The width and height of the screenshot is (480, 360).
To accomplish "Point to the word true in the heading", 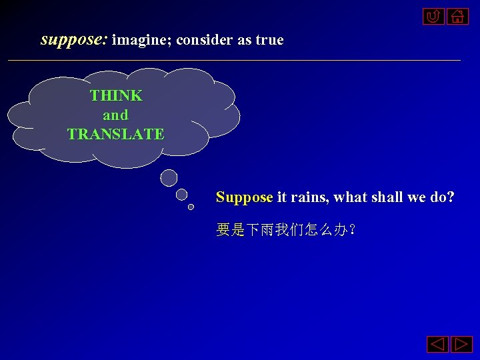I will pyautogui.click(x=269, y=40).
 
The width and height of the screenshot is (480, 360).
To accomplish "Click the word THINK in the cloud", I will pyautogui.click(x=116, y=95).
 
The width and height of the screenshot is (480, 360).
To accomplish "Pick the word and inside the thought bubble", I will pyautogui.click(x=115, y=115).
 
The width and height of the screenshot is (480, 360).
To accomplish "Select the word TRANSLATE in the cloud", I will pyautogui.click(x=116, y=134).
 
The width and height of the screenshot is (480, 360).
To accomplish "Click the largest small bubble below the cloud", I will pyautogui.click(x=169, y=177).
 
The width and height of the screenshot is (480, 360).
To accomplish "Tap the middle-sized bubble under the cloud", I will pyautogui.click(x=181, y=195).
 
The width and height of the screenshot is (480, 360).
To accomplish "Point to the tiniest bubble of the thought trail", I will pyautogui.click(x=191, y=207).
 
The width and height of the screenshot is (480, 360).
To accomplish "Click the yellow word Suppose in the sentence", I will pyautogui.click(x=244, y=197).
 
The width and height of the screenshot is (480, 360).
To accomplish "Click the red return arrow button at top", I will pyautogui.click(x=433, y=16).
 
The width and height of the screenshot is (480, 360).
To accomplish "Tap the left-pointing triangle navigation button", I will pyautogui.click(x=437, y=345).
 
